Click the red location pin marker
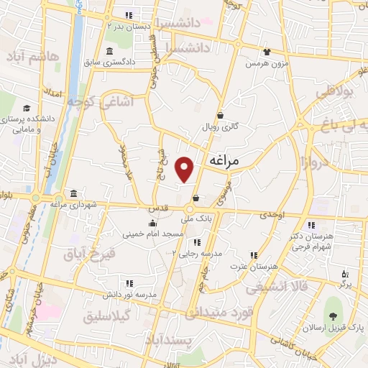click(185, 169)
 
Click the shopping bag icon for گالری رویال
click(219, 115)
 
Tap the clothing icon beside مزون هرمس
click(266, 52)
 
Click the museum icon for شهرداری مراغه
click(74, 193)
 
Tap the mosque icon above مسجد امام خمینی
click(151, 223)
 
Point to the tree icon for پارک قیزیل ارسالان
click(332, 317)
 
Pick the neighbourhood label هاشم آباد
click(29, 55)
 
